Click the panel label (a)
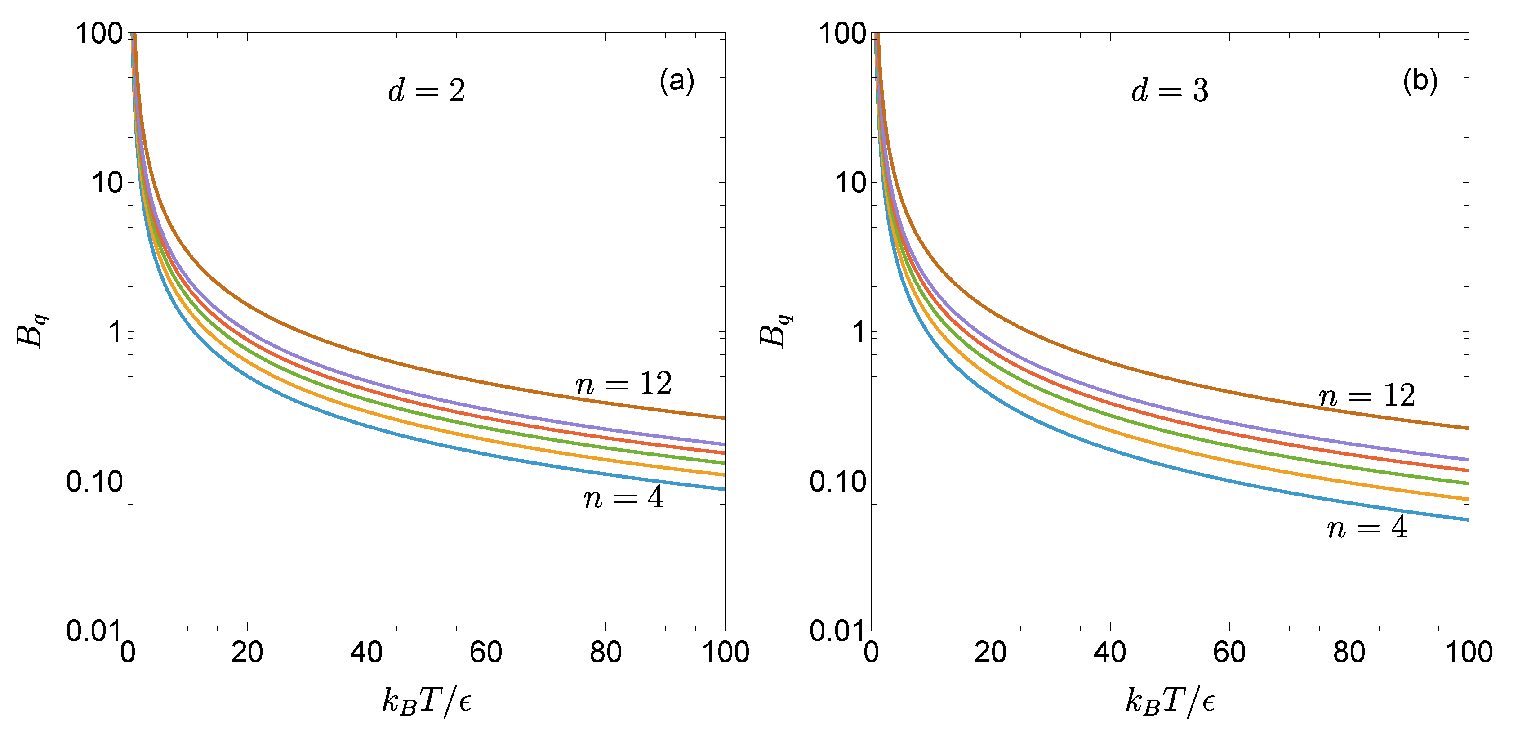pos(677,81)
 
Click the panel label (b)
pos(1420,81)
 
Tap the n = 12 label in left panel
pos(623,384)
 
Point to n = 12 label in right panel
pos(1367,395)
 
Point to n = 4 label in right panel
pos(1367,528)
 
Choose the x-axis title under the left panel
pos(427,701)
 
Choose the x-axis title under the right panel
pos(1170,701)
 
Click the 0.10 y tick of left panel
pos(94,482)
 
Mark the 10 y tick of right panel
pos(850,183)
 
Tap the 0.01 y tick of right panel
pos(837,631)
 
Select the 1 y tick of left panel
pos(116,332)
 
